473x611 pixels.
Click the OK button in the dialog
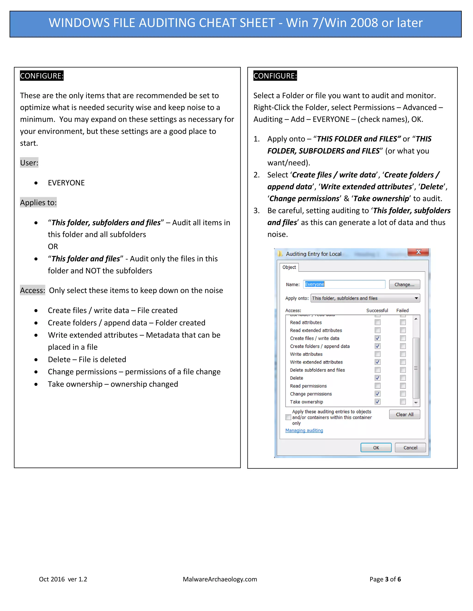tap(376, 448)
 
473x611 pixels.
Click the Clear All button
tap(404, 414)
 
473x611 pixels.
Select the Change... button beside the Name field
tap(404, 285)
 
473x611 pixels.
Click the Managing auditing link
tap(304, 430)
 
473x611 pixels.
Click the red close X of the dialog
tap(418, 252)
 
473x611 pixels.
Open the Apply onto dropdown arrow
tap(416, 298)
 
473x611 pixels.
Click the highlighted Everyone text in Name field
tap(314, 284)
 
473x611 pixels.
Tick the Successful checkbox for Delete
tap(377, 378)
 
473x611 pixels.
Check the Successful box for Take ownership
tap(377, 402)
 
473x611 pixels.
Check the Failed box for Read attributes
tap(403, 322)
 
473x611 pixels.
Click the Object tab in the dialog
tap(289, 267)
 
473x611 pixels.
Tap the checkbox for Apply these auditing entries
tap(288, 417)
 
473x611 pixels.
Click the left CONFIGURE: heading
tap(42, 76)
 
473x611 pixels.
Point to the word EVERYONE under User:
tap(66, 183)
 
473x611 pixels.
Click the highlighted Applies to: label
tap(38, 202)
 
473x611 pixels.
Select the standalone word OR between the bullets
tap(53, 246)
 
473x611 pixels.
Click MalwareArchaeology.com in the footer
tap(220, 579)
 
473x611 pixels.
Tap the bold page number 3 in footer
tap(387, 579)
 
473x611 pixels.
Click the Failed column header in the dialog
tap(402, 310)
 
